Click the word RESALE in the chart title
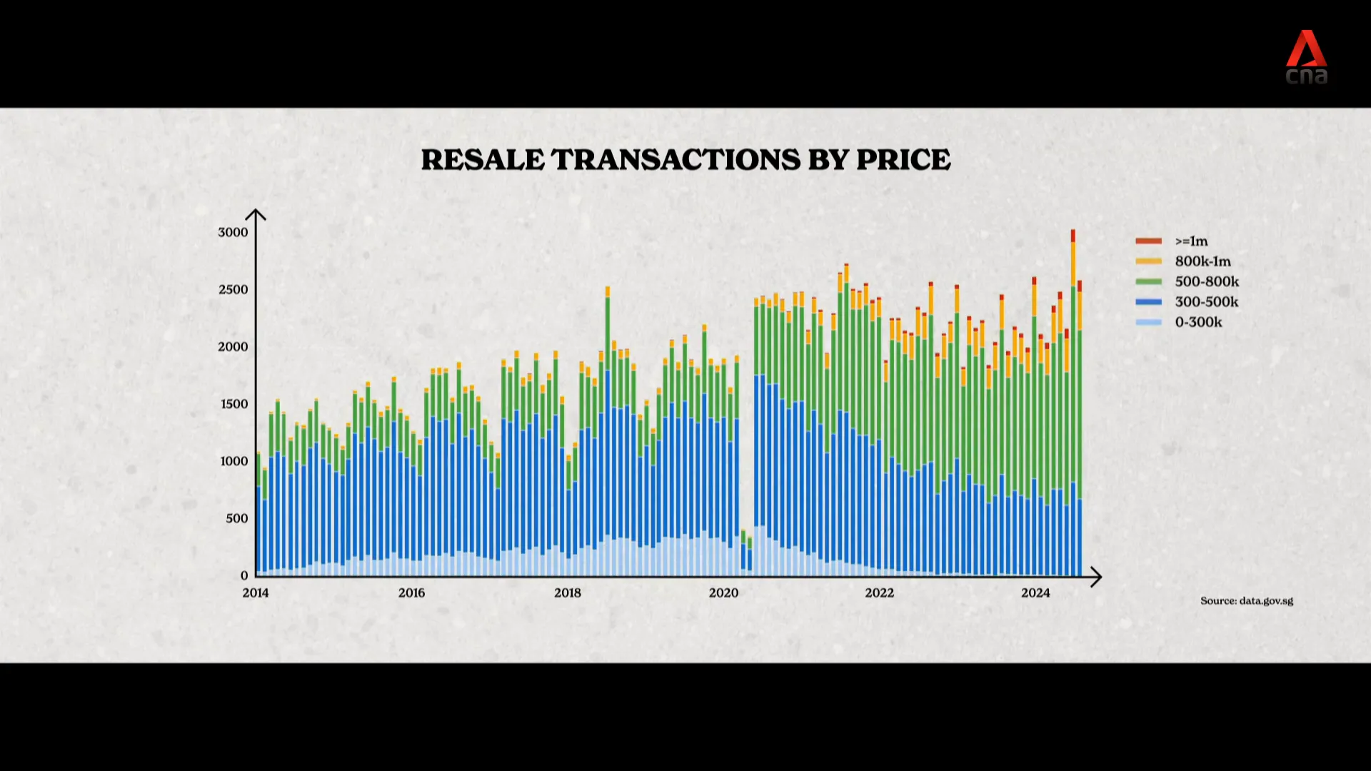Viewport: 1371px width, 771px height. (x=483, y=160)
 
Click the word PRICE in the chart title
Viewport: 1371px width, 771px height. (x=903, y=160)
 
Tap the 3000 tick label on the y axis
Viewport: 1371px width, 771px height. (x=233, y=233)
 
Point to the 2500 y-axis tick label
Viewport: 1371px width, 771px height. (x=233, y=290)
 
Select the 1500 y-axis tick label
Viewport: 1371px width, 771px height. (x=233, y=404)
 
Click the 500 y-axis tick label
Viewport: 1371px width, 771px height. (x=237, y=518)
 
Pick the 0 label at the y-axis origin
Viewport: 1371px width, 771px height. (x=244, y=575)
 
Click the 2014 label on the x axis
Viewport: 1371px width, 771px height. (x=256, y=593)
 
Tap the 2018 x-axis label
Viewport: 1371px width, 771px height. (x=568, y=593)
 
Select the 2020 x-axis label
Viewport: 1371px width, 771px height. (x=723, y=593)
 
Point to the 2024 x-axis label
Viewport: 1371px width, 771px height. (x=1035, y=593)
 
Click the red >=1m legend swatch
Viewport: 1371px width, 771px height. (x=1148, y=241)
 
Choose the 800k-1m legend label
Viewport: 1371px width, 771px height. (x=1203, y=261)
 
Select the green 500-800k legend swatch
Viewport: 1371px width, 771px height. (x=1148, y=282)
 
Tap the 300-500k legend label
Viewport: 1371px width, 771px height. (x=1207, y=302)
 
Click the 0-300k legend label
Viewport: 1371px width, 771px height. (x=1199, y=322)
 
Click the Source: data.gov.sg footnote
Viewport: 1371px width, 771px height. (x=1247, y=600)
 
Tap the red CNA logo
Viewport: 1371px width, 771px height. (x=1306, y=57)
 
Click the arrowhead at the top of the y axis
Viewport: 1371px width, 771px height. (x=256, y=214)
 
